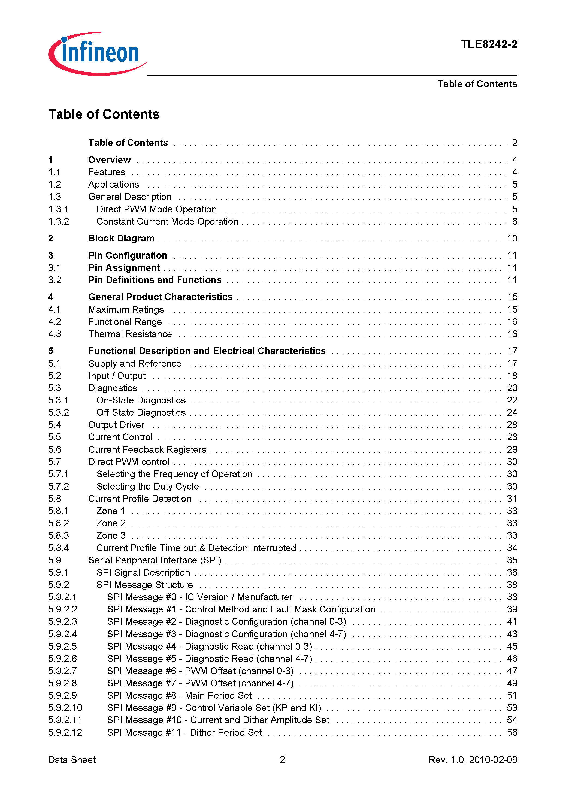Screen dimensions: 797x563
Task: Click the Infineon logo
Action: click(98, 54)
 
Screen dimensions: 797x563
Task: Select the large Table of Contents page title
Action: click(104, 114)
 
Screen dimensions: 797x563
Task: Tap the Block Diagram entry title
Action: click(121, 238)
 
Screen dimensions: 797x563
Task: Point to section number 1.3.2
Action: click(58, 222)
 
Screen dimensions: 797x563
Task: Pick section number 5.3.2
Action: click(58, 412)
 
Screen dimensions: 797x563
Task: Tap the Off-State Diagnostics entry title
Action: click(141, 412)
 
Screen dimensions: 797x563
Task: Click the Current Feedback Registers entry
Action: click(147, 449)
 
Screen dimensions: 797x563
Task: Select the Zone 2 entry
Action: click(111, 523)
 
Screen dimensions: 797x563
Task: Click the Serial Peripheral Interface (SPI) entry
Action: click(155, 560)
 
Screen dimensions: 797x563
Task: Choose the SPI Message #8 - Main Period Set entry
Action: click(180, 695)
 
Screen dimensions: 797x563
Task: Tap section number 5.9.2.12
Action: click(65, 732)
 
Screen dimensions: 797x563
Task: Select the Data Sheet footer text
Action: click(72, 759)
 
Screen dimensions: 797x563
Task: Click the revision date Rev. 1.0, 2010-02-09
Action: click(473, 759)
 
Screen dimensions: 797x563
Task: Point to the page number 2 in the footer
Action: click(283, 759)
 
